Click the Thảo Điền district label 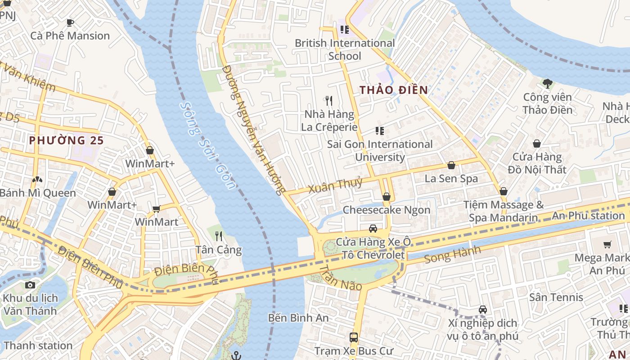pyautogui.click(x=394, y=90)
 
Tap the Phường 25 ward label pyautogui.click(x=66, y=140)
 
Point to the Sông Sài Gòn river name pyautogui.click(x=207, y=145)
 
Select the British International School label pyautogui.click(x=345, y=49)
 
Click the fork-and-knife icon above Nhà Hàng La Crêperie pyautogui.click(x=329, y=101)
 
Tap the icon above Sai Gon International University pyautogui.click(x=380, y=131)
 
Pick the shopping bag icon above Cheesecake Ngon pyautogui.click(x=386, y=197)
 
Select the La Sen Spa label pyautogui.click(x=451, y=179)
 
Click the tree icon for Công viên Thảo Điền pyautogui.click(x=547, y=83)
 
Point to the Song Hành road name pyautogui.click(x=452, y=255)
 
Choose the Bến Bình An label pyautogui.click(x=298, y=318)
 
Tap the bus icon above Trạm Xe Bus pyautogui.click(x=354, y=337)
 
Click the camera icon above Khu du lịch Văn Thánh pyautogui.click(x=30, y=285)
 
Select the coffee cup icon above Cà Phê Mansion pyautogui.click(x=70, y=22)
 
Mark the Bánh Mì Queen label pyautogui.click(x=38, y=193)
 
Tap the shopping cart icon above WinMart pyautogui.click(x=157, y=209)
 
